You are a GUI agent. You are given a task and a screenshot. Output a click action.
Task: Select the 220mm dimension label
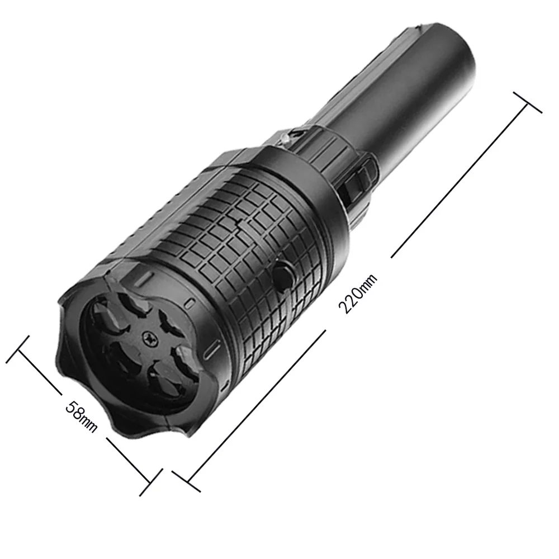click(x=358, y=294)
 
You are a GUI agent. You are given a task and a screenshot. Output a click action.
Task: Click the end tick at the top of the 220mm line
click(x=528, y=102)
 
